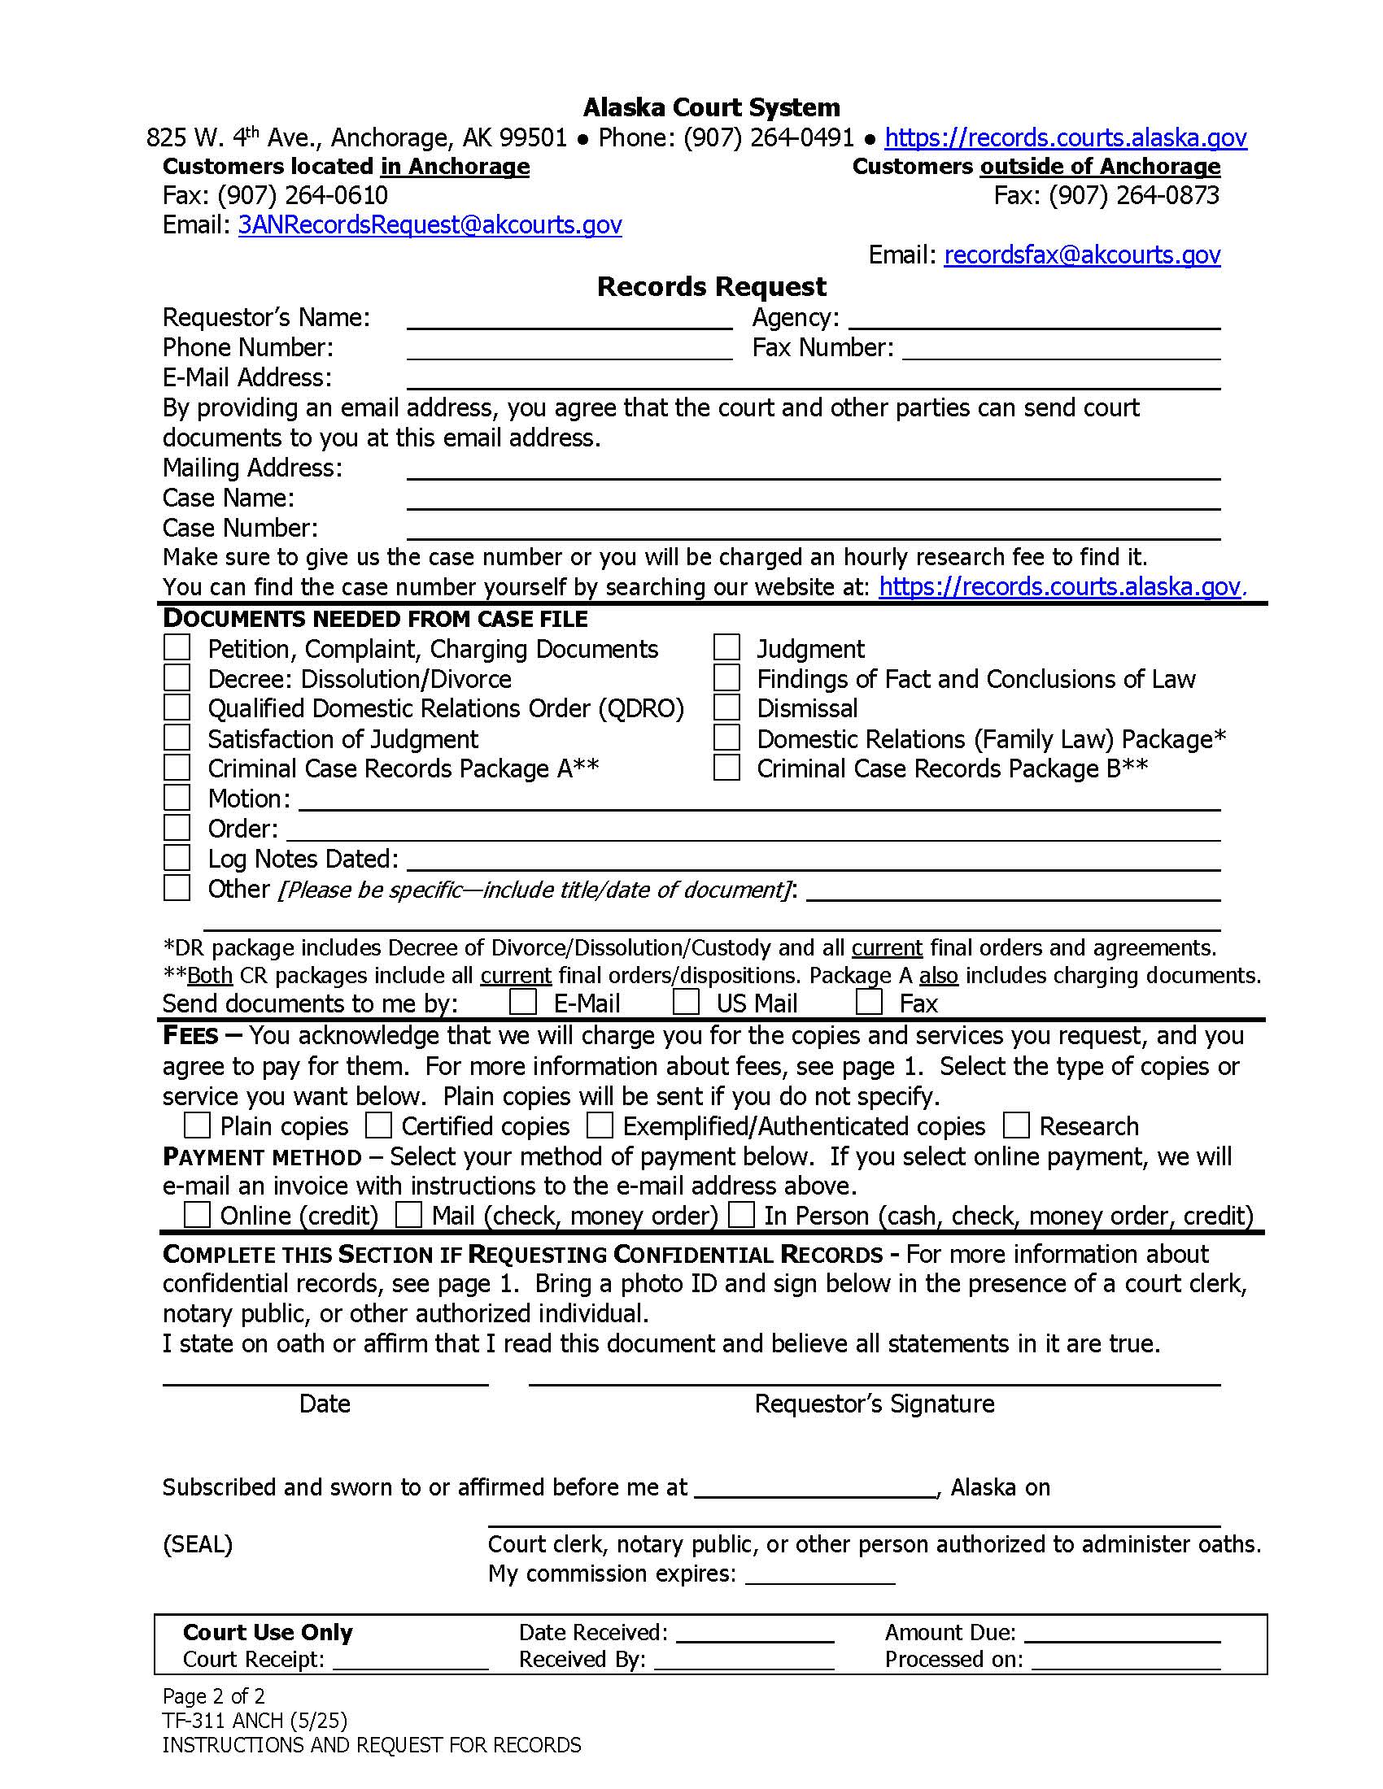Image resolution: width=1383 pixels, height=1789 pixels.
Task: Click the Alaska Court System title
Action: click(x=711, y=107)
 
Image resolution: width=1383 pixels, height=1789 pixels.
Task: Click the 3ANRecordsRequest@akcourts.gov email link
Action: click(x=430, y=224)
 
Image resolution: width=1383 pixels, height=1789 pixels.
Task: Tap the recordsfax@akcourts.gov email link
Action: click(x=1081, y=255)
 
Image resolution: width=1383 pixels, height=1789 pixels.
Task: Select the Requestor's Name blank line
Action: click(x=569, y=320)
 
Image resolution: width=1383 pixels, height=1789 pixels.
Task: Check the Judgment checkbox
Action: click(x=726, y=648)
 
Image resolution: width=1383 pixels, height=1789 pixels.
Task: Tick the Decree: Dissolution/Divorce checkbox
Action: click(x=177, y=678)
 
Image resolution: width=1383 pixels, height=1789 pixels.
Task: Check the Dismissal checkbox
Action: click(x=726, y=707)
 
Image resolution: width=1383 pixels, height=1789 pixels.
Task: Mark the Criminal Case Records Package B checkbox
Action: click(x=726, y=768)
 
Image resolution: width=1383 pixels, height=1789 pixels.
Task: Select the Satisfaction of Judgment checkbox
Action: click(x=177, y=738)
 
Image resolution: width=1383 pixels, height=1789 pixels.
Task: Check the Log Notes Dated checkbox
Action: click(x=177, y=858)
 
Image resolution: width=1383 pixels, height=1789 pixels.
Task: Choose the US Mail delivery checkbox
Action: click(x=686, y=1002)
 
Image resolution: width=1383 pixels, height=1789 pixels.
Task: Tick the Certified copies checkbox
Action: click(x=377, y=1125)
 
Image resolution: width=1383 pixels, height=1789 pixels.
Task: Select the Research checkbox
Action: click(x=1016, y=1125)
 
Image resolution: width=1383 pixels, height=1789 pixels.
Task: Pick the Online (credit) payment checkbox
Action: click(x=197, y=1215)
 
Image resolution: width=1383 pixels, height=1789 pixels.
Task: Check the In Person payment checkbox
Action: click(x=741, y=1215)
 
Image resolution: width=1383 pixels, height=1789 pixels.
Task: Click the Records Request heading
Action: click(x=711, y=287)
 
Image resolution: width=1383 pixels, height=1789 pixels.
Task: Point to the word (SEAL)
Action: click(x=198, y=1544)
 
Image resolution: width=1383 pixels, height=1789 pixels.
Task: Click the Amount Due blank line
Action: click(x=1122, y=1634)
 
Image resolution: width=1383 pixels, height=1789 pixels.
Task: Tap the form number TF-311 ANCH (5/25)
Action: click(x=254, y=1720)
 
